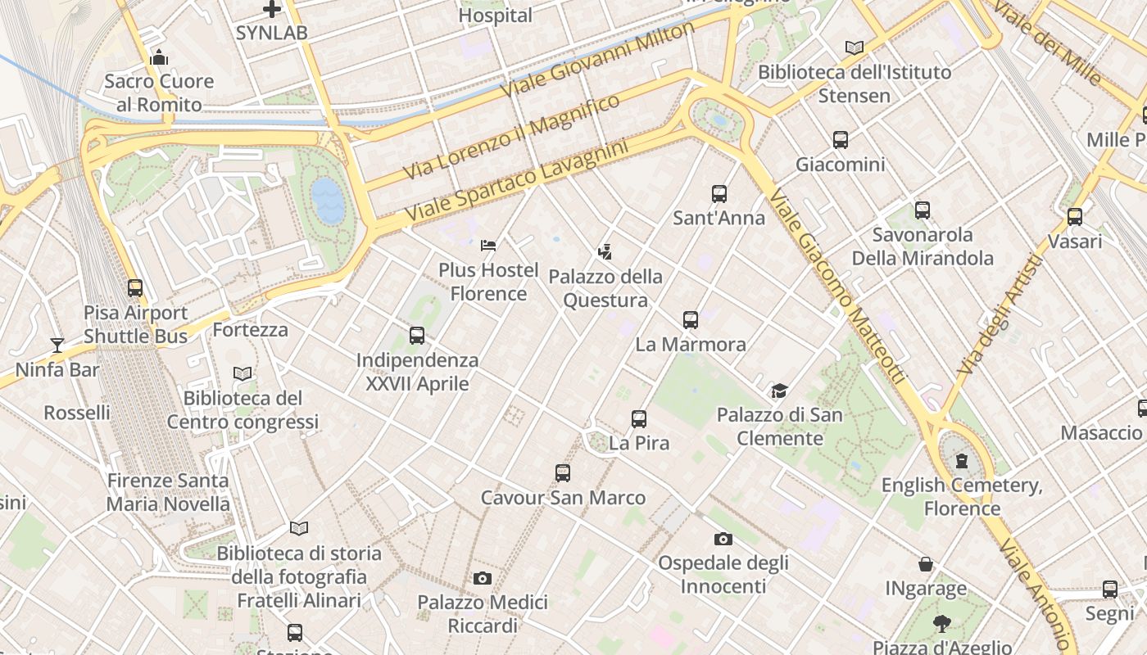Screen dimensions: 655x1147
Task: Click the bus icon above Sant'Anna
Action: (719, 194)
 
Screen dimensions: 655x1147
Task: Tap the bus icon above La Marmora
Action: (691, 320)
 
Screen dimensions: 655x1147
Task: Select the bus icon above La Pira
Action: (639, 419)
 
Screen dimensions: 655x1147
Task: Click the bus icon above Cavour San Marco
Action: (562, 473)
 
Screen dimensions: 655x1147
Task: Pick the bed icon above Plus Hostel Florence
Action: (488, 245)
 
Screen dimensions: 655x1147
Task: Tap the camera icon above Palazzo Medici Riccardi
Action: (483, 579)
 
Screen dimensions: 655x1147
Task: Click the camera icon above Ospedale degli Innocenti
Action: (723, 539)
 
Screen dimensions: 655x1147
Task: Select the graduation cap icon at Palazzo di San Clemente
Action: (779, 391)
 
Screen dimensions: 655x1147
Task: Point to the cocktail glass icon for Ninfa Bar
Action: (57, 346)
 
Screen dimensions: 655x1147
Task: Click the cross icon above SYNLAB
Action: (272, 10)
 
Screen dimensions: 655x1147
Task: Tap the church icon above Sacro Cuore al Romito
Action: (159, 57)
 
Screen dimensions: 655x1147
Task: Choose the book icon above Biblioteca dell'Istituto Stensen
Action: (855, 48)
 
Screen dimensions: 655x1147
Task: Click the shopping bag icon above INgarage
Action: (926, 564)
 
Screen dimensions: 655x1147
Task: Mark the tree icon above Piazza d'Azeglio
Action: (941, 624)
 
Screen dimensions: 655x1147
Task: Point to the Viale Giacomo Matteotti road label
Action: (838, 287)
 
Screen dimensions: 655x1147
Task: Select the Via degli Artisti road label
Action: (998, 315)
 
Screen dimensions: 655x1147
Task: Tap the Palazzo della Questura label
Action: (605, 288)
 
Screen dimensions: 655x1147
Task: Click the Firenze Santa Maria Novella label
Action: (168, 492)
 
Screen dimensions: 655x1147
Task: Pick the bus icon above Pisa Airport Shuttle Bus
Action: (135, 288)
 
